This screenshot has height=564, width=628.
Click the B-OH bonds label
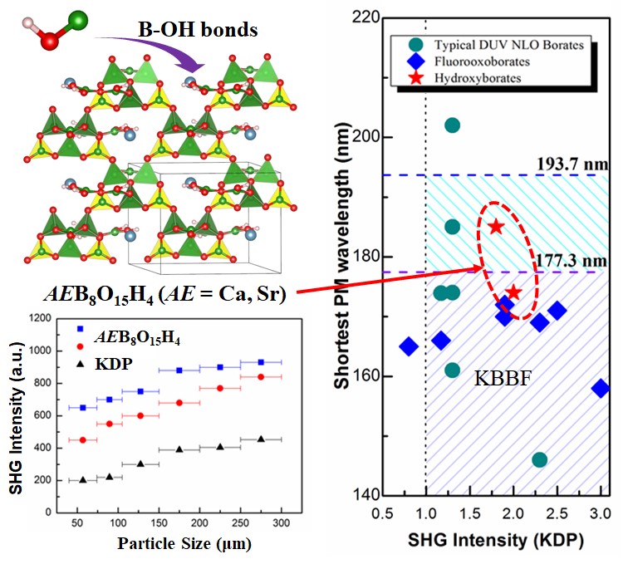coord(197,30)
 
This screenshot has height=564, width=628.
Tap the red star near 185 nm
coord(496,227)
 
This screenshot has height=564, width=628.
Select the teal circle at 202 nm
coord(452,125)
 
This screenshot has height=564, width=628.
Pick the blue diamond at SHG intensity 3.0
coord(601,388)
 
